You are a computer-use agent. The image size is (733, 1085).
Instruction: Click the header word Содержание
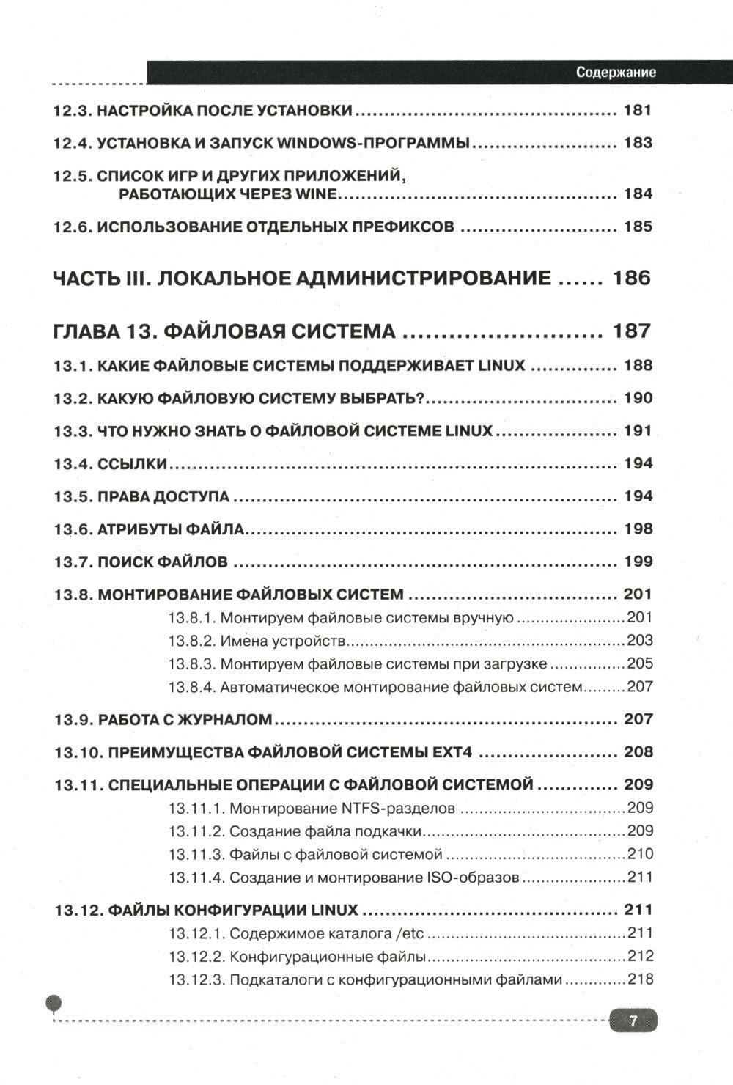click(615, 72)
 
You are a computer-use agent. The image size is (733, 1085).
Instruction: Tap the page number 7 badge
click(633, 1021)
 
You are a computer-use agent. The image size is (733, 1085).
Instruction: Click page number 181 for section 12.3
click(637, 111)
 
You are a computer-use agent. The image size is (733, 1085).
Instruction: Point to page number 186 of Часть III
click(631, 278)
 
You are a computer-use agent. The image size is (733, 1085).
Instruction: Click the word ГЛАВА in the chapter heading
click(86, 331)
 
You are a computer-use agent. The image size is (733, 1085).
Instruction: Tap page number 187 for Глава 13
click(631, 331)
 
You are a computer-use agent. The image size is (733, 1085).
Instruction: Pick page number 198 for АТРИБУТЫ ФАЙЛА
click(637, 529)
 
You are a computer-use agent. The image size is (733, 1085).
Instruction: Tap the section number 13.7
click(73, 562)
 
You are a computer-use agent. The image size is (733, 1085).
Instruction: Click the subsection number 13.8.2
click(191, 641)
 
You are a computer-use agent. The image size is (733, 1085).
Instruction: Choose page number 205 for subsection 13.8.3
click(639, 664)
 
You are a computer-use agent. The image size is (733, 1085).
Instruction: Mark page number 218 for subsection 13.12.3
click(639, 979)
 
